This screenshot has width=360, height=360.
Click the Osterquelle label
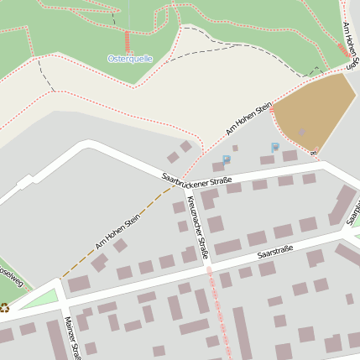coord(130,59)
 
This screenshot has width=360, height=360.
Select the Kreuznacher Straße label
coord(198,227)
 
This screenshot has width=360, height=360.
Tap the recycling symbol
coord(4,308)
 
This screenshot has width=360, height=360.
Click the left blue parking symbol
coord(226,159)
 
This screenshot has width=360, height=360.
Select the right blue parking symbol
coord(274,147)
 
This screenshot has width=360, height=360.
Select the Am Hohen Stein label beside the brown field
coord(249,119)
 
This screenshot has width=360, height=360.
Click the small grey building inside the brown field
coord(301,132)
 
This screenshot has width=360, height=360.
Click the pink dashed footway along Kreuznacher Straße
coord(216,302)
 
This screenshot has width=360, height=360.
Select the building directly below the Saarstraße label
coord(267,269)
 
